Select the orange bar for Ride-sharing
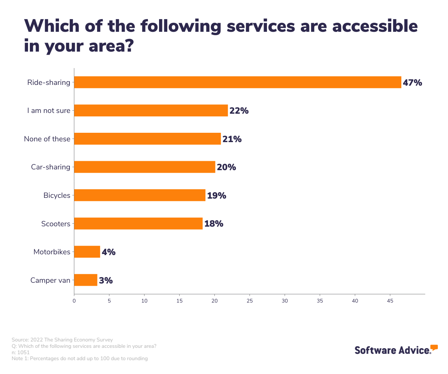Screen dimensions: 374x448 [x=237, y=82]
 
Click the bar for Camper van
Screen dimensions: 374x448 [x=86, y=280]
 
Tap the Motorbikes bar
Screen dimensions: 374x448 [x=87, y=252]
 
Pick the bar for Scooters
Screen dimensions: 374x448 [x=138, y=224]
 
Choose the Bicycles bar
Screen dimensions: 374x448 [x=140, y=195]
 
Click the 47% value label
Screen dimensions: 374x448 [x=412, y=83]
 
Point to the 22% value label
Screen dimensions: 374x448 [x=239, y=111]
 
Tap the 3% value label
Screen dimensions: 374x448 [x=106, y=280]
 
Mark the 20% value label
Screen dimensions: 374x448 [x=226, y=167]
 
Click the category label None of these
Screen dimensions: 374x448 [x=47, y=139]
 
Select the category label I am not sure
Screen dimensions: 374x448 [x=49, y=111]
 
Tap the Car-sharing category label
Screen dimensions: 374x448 [x=50, y=167]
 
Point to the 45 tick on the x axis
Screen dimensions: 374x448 [x=390, y=301]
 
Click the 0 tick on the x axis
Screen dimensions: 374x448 [x=74, y=301]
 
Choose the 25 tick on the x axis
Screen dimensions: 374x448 [x=250, y=301]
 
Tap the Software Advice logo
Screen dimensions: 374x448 [x=396, y=350]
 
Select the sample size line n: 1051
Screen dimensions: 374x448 [x=21, y=352]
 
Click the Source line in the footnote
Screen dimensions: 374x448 [x=62, y=340]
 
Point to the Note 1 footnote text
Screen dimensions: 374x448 [x=80, y=359]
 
